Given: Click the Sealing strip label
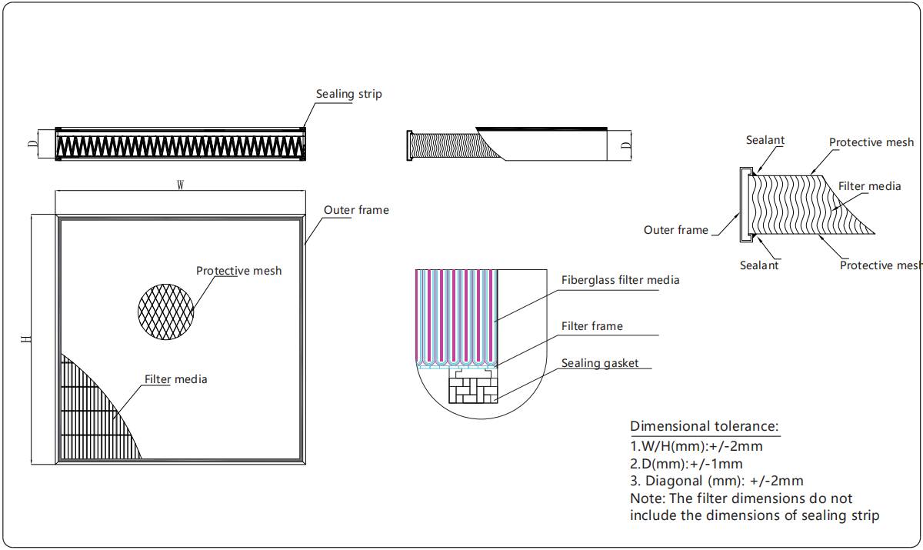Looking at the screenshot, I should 348,94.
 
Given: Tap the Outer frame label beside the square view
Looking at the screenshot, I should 356,210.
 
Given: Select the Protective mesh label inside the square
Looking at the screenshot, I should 238,271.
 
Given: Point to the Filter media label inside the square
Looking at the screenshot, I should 175,379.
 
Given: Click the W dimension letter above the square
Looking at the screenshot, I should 180,185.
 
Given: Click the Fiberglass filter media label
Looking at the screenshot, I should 620,280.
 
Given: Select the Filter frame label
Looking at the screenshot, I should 591,326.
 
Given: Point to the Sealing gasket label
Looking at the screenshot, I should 599,363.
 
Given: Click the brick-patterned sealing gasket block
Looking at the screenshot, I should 472,388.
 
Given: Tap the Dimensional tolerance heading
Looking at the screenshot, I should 704,426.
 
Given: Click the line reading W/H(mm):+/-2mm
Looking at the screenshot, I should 696,445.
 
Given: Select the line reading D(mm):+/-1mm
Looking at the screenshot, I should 686,464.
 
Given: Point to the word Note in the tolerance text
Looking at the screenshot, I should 645,498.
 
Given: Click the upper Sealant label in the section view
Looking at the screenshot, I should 765,141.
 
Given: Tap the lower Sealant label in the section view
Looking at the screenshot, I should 758,265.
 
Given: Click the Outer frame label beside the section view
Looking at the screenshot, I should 675,230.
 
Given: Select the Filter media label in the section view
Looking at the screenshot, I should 868,186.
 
